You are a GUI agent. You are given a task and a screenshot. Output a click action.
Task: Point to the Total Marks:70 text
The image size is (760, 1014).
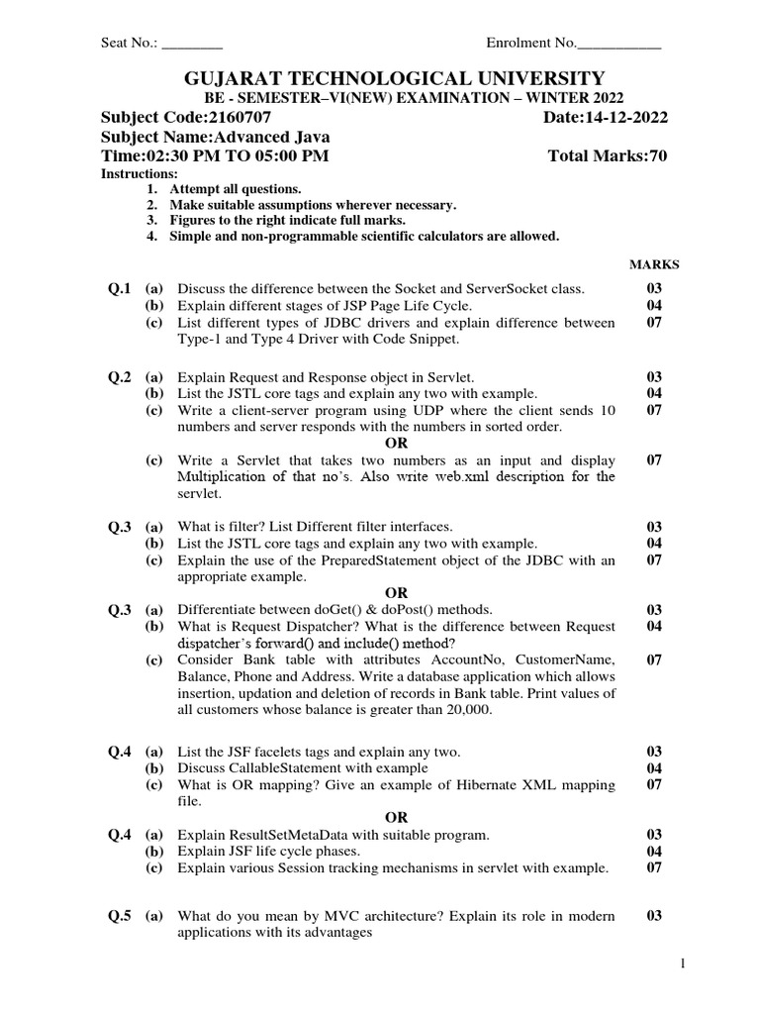pyautogui.click(x=608, y=156)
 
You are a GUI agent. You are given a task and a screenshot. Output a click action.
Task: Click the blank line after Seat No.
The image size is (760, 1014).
pyautogui.click(x=192, y=45)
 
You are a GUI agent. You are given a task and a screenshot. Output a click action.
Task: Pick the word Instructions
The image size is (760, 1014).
pyautogui.click(x=140, y=174)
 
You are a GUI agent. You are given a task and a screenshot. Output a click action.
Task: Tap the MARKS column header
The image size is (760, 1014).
pyautogui.click(x=654, y=264)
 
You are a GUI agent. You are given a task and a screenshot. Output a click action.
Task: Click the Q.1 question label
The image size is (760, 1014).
pyautogui.click(x=119, y=289)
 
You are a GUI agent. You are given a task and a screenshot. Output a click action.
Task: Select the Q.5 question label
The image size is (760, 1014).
pyautogui.click(x=119, y=916)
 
